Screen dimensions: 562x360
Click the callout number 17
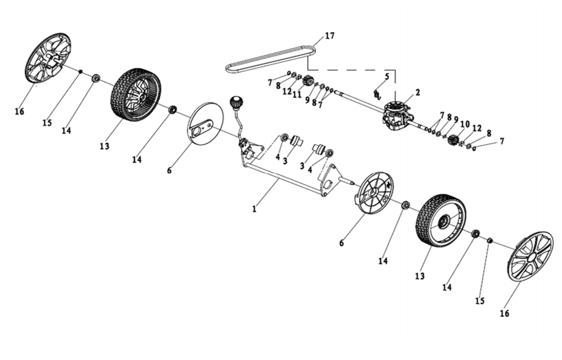click(x=330, y=36)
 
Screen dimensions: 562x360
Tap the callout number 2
click(x=417, y=92)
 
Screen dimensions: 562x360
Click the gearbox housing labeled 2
click(x=396, y=117)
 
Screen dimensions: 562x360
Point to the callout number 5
click(x=387, y=76)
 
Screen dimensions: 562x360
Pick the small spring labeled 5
click(x=377, y=94)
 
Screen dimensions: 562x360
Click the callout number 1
click(x=255, y=209)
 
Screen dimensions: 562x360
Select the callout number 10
click(x=465, y=124)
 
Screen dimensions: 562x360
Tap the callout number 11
click(x=297, y=95)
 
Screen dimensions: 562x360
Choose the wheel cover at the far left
click(x=48, y=58)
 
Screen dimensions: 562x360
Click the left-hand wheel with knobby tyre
click(x=136, y=95)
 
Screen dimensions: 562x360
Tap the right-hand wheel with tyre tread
click(x=440, y=221)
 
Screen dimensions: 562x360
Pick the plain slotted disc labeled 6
click(x=206, y=124)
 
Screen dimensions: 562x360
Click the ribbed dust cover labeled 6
click(x=374, y=193)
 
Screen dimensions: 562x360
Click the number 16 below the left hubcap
click(x=19, y=112)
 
